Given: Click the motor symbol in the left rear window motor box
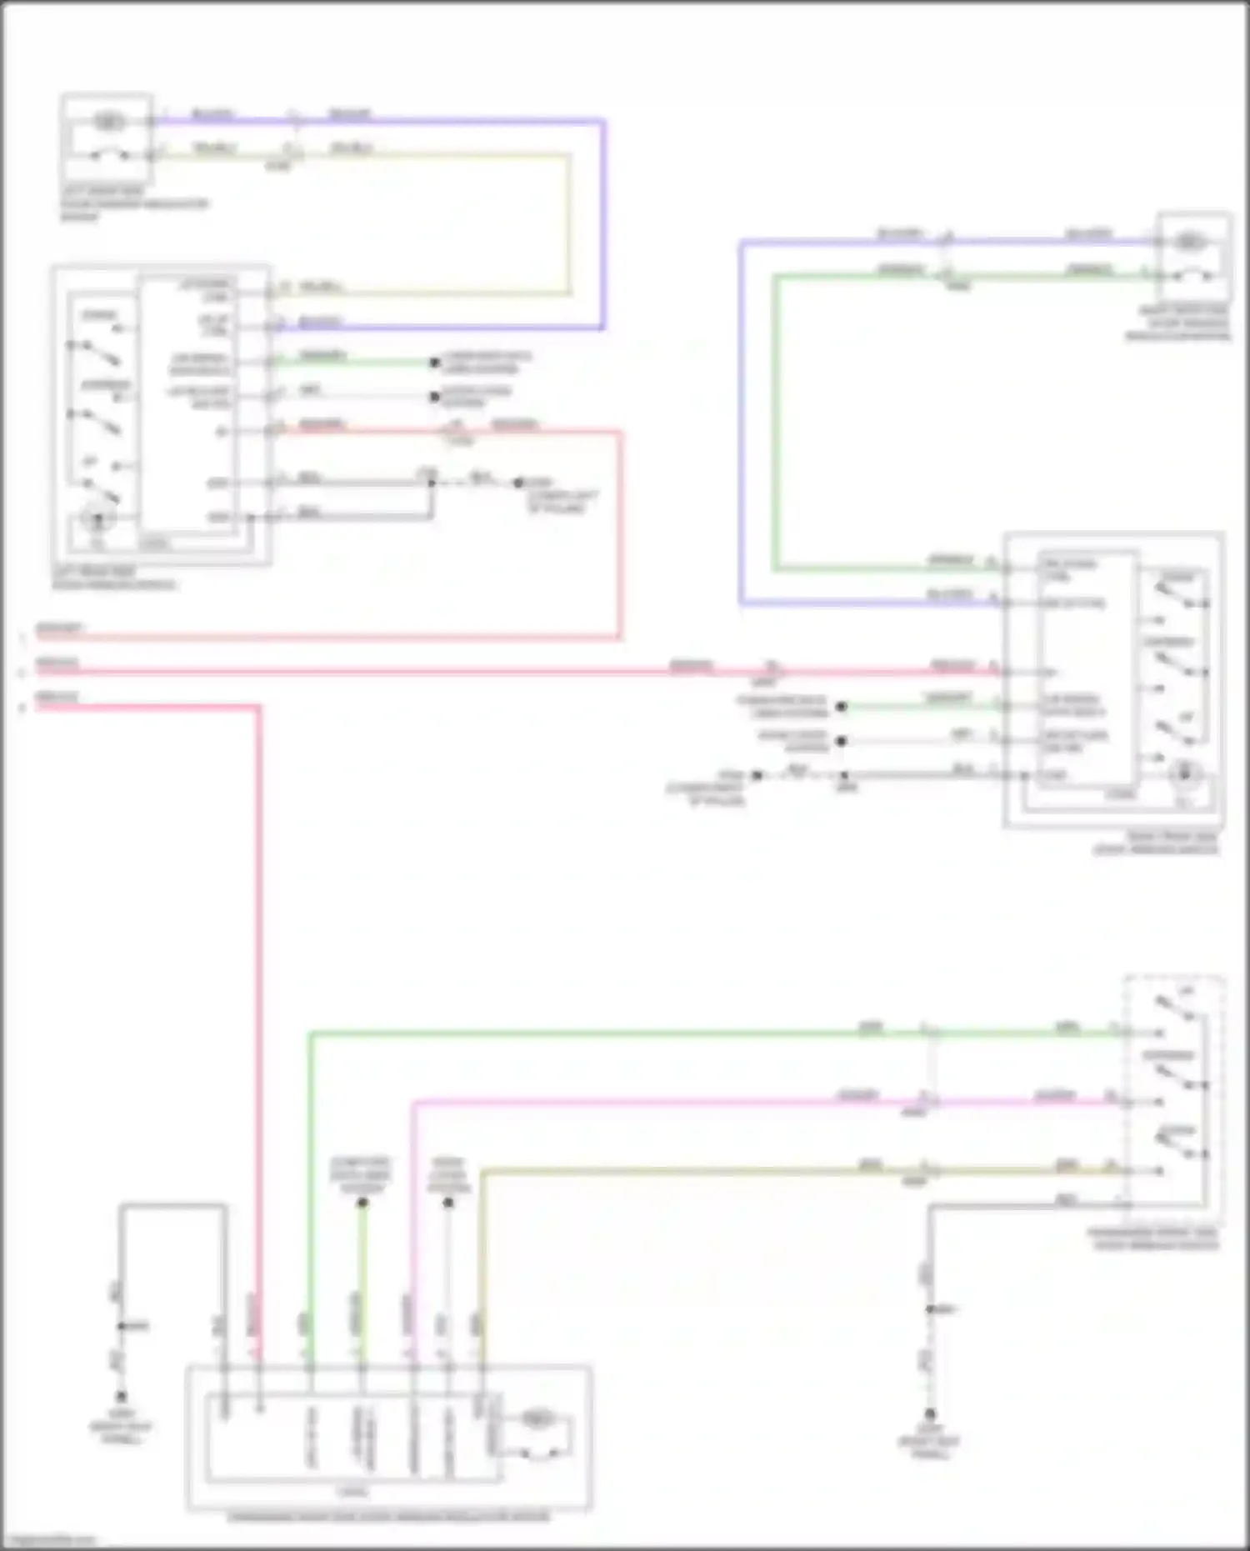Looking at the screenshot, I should coord(108,122).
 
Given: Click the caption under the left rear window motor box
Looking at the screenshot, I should coord(133,203).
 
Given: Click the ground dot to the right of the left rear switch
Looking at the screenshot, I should coord(518,483).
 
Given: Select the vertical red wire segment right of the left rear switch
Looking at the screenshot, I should coord(619,533).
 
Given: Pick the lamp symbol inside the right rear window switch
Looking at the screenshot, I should coord(1184,774).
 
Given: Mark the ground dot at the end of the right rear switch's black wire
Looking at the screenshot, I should coord(757,775).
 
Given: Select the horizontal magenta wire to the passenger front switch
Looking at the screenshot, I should coord(667,1103).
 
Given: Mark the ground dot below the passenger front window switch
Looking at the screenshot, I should coord(930,1414).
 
